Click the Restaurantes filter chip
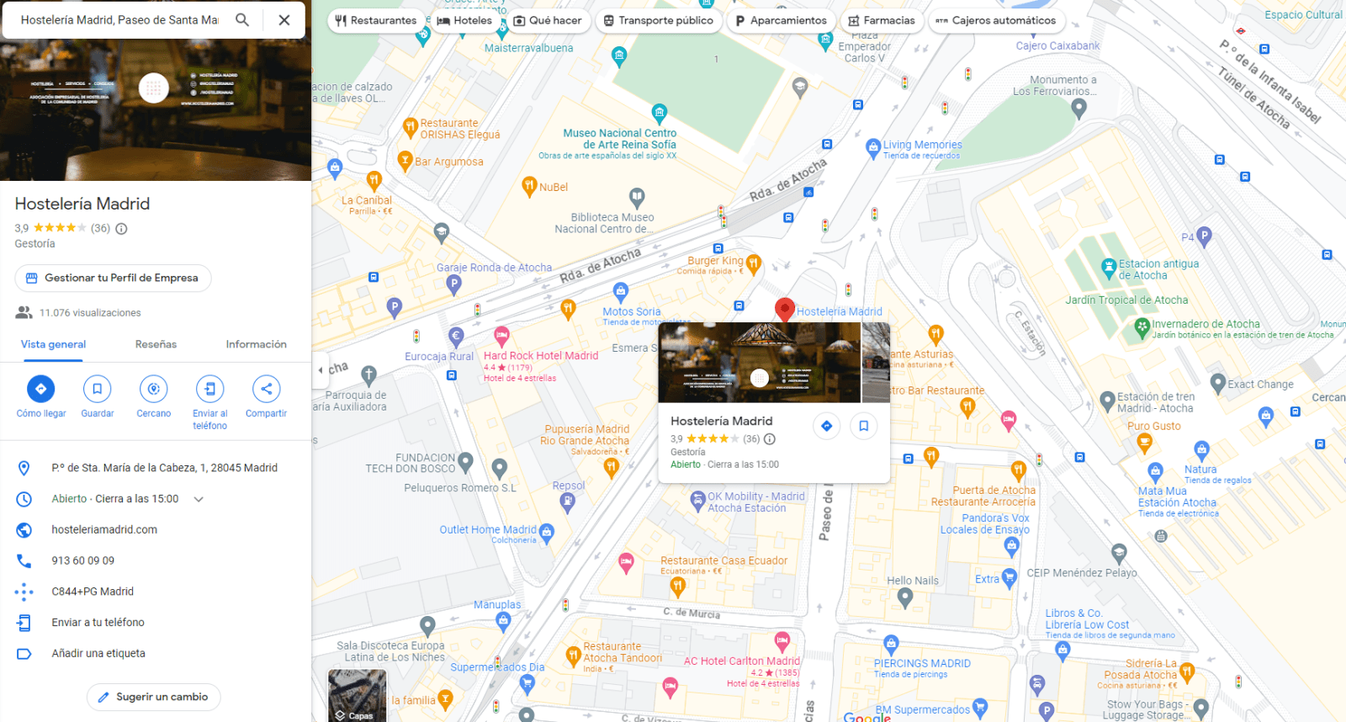375,20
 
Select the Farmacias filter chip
881,20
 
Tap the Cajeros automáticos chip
996,20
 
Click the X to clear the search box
284,20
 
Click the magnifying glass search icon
242,20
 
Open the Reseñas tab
156,344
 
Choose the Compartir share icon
266,389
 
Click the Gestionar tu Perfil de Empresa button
113,278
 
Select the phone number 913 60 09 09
82,560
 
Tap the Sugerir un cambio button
153,697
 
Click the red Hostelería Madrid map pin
784,309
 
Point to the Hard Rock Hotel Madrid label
541,356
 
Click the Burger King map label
715,261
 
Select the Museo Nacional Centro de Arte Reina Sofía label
620,139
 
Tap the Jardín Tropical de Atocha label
1126,300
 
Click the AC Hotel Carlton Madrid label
741,661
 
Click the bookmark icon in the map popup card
863,426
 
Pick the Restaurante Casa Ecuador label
723,560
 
